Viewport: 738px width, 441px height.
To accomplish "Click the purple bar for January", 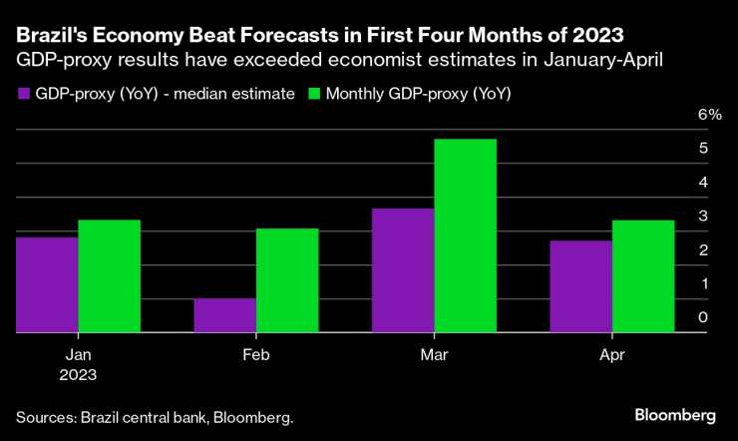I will point(47,284).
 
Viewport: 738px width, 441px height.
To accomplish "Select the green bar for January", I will point(109,276).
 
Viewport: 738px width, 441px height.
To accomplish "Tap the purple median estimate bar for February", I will point(224,315).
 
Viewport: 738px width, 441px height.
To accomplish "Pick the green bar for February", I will point(287,280).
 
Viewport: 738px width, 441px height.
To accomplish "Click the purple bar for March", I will point(403,270).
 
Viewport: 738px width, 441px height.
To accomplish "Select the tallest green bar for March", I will point(465,235).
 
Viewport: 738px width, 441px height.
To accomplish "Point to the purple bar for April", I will point(580,286).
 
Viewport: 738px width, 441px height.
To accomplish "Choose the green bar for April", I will point(643,276).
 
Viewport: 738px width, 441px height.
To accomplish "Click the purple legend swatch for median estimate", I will point(24,94).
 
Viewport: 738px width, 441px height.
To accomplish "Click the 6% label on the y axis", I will point(710,115).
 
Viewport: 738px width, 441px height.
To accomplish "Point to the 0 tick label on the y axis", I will point(704,318).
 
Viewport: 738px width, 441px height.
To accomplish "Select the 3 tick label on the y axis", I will point(704,217).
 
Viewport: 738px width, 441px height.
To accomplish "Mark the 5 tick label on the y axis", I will point(704,149).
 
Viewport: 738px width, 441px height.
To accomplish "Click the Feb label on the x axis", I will point(255,354).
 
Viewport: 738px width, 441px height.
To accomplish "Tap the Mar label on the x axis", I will point(434,354).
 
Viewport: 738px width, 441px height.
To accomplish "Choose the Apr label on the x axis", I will point(611,354).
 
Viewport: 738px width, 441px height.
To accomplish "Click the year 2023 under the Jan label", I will point(78,374).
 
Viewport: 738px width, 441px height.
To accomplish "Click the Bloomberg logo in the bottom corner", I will point(675,414).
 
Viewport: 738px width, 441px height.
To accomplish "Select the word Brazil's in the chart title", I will point(53,37).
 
